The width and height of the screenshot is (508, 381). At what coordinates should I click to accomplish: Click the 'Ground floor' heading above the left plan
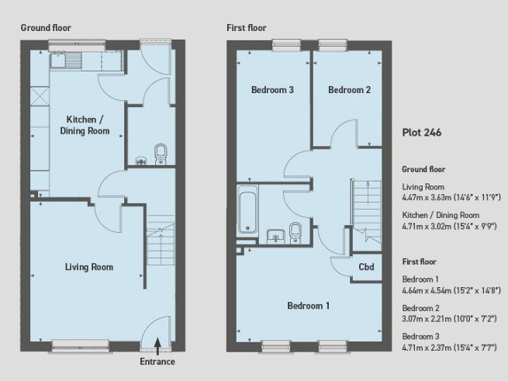[46, 27]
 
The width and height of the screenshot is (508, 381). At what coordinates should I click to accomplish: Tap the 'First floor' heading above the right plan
[247, 27]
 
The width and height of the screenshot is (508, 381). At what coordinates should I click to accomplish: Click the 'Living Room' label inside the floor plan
[88, 267]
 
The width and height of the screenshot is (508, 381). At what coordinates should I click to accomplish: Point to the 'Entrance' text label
[157, 362]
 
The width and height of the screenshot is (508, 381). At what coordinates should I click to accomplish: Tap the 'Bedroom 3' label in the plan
[271, 90]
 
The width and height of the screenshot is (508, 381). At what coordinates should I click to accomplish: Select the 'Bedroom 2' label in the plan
[349, 90]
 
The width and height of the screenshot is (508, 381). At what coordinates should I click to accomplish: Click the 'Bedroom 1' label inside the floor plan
[308, 306]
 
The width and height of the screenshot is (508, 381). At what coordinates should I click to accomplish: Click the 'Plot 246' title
[422, 133]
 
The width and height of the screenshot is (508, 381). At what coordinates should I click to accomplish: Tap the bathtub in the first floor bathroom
[249, 210]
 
